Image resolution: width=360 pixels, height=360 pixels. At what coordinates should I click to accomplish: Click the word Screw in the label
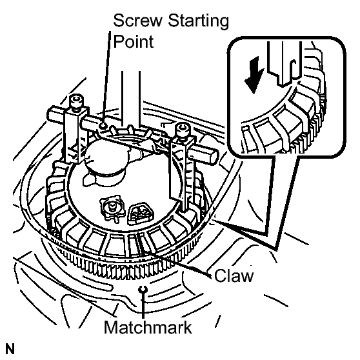pos(137,21)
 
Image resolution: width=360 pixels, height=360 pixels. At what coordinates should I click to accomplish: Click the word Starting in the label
pos(198,21)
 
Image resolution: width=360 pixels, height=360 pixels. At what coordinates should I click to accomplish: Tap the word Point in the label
pos(134,41)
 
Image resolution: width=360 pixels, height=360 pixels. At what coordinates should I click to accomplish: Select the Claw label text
pos(234,275)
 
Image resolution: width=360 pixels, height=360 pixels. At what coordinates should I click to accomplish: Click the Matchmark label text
pos(148,327)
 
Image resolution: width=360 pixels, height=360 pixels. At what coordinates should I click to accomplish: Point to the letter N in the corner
pos(10,349)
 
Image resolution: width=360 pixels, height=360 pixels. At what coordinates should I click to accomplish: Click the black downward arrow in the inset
pos(255,75)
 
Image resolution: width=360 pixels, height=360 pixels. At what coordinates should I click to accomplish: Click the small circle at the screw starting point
pos(103,125)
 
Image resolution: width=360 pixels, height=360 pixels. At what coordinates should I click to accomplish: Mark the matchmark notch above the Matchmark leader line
pos(143,290)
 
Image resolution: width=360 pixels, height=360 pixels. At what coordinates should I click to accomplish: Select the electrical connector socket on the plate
pos(141,213)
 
